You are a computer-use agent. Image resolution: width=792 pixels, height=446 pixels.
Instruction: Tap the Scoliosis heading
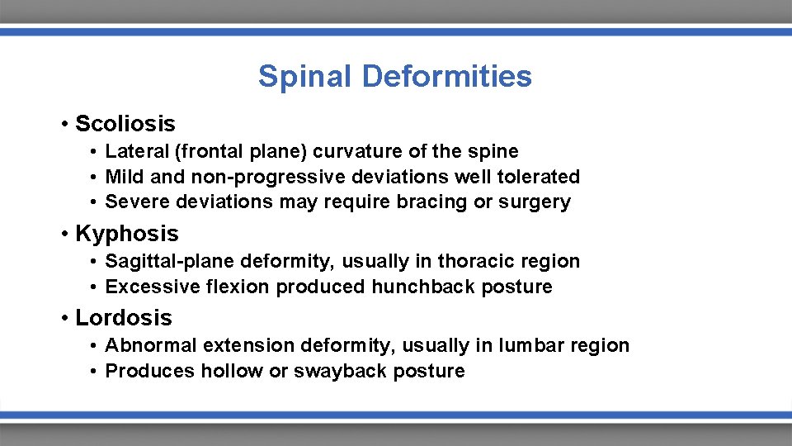pos(125,124)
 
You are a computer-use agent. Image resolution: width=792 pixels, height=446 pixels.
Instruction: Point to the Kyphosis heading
pos(127,234)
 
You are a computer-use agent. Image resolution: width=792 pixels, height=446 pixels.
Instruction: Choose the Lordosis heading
pos(124,318)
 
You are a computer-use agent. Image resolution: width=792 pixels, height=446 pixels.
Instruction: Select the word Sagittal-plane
pos(169,262)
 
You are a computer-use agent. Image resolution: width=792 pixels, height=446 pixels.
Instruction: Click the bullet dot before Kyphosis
pos(64,235)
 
